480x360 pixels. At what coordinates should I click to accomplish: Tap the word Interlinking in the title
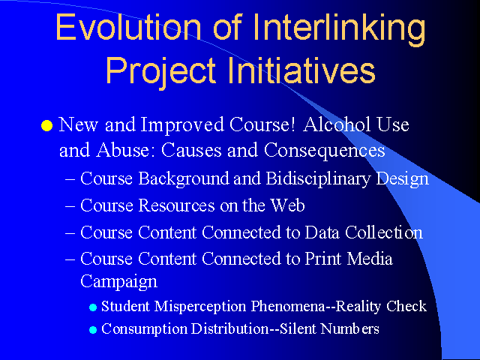pos(339,30)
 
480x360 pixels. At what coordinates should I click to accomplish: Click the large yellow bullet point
pos(46,125)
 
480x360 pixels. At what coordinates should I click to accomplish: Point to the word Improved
pos(182,126)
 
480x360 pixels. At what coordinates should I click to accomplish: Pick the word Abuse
pos(127,150)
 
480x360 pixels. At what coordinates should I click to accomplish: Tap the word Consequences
pos(324,151)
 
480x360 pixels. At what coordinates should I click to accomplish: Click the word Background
pos(184,178)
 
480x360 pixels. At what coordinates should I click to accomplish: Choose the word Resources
pos(177,205)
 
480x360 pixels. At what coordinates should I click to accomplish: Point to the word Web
pos(287,205)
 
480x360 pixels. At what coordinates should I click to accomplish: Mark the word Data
pos(322,232)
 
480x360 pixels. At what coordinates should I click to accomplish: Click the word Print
pos(322,259)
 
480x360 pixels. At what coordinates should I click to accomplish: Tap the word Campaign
pos(118,282)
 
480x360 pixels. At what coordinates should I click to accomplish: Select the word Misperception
pos(200,307)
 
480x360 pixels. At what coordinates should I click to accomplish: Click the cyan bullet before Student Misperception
pos(93,307)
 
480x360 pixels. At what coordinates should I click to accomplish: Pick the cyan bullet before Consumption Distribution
pos(93,330)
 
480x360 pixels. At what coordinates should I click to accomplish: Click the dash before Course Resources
pos(70,206)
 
